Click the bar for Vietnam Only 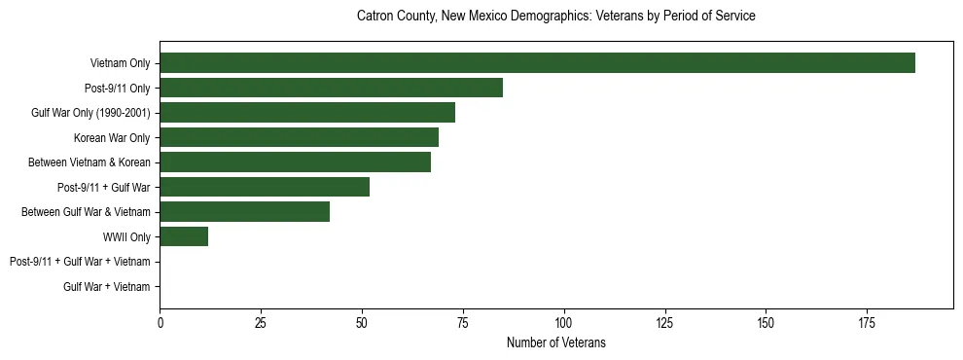pos(537,63)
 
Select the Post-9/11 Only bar pos(331,88)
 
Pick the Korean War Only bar pos(299,137)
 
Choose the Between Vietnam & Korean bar pos(295,162)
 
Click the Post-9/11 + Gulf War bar pos(265,187)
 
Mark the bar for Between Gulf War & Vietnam pos(244,212)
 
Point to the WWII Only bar pos(184,236)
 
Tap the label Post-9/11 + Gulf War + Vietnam pos(80,262)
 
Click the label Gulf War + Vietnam pos(107,287)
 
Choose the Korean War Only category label pos(112,137)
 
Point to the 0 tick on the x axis pos(160,321)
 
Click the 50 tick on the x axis pos(362,321)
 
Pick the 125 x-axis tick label pos(664,321)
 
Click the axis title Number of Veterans pos(556,342)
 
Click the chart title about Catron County pos(556,17)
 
